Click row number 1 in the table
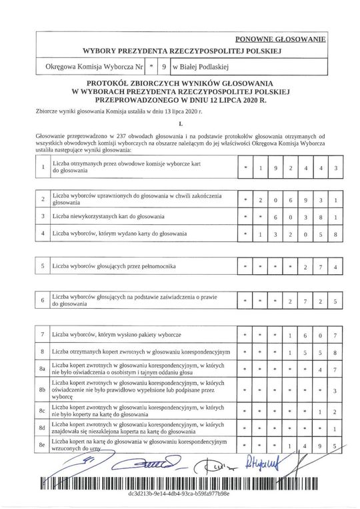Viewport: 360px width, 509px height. [43, 167]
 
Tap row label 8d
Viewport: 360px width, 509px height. [43, 428]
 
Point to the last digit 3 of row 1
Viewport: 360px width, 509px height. [336, 167]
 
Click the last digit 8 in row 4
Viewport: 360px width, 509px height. [336, 234]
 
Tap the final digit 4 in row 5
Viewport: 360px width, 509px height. [336, 267]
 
